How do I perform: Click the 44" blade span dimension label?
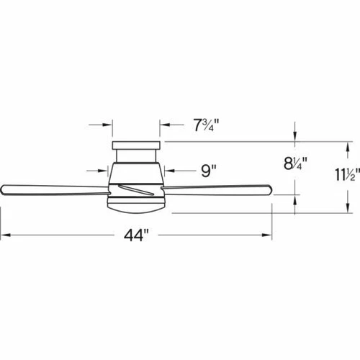(136, 235)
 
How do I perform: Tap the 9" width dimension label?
(209, 171)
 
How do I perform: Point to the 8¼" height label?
(295, 163)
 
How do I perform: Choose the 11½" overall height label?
(348, 174)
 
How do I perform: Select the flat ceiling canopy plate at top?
(136, 145)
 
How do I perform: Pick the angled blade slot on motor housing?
(136, 189)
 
